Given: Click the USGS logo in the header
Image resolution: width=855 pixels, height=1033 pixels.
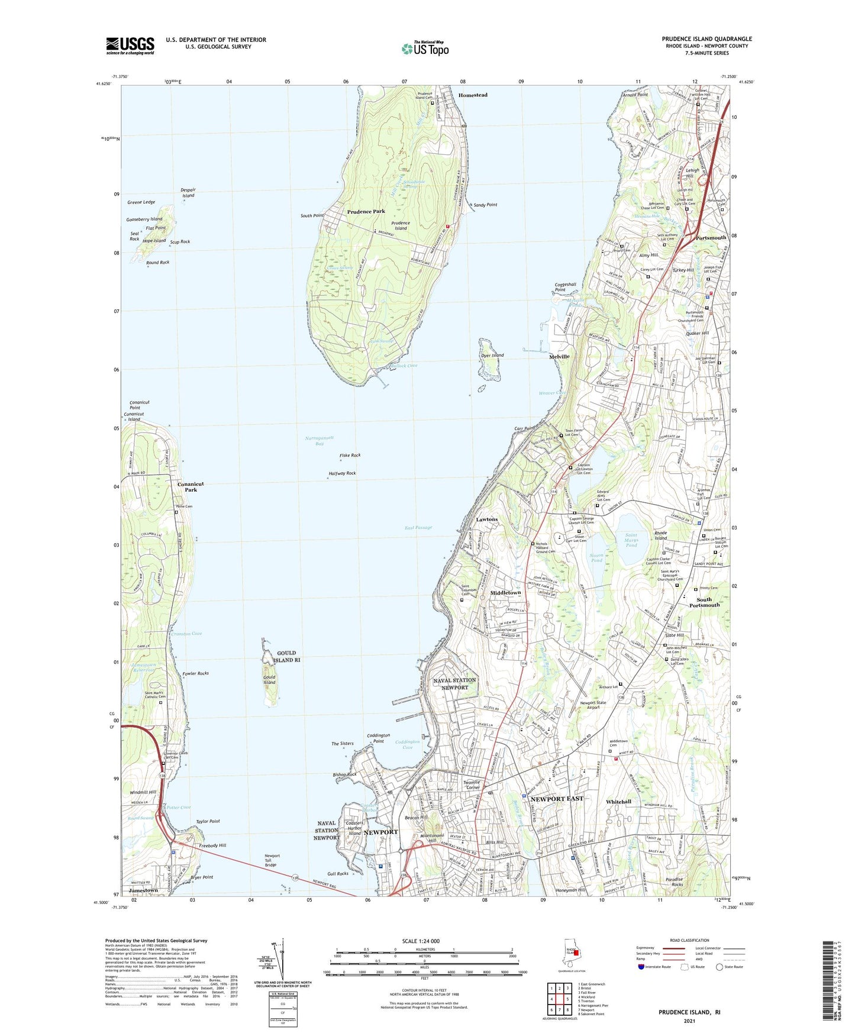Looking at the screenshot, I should (x=130, y=46).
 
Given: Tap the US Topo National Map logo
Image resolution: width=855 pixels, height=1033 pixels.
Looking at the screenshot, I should (x=424, y=48).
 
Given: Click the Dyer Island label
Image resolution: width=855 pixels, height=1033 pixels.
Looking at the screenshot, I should (x=492, y=355).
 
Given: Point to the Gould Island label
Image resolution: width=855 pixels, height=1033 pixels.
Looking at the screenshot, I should (x=269, y=679).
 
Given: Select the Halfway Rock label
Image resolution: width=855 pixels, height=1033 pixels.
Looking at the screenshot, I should (x=342, y=473).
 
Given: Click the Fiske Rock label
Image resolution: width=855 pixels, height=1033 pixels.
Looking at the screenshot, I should (x=350, y=455).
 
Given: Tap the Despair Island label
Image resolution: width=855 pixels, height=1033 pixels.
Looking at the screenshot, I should (x=188, y=192).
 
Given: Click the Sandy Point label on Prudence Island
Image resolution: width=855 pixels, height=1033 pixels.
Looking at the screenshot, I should (x=485, y=205).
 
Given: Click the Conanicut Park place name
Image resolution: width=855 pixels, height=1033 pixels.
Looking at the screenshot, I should (x=191, y=486).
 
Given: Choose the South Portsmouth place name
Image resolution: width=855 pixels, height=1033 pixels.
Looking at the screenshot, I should (x=704, y=602).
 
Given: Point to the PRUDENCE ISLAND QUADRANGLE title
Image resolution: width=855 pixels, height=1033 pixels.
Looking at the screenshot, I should (x=706, y=39).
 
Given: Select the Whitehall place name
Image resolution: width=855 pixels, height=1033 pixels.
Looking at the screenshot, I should (x=619, y=802).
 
